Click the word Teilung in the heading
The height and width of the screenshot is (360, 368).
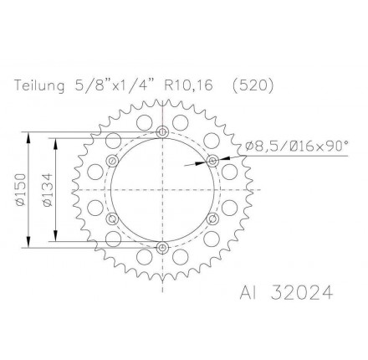pos(38,85)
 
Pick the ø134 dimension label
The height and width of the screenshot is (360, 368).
pos(48,189)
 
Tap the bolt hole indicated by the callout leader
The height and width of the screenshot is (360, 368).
pos(212,160)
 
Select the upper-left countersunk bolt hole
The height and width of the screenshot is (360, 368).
pos(112,160)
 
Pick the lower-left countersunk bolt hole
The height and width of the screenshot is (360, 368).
pos(112,219)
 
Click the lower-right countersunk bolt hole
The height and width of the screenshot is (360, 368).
pos(212,219)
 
